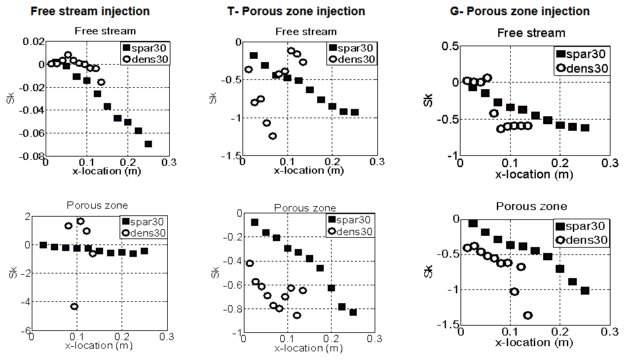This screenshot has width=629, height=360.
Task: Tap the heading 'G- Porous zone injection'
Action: coord(517,11)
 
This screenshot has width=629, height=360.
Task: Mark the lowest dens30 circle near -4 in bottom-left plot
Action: coord(75,306)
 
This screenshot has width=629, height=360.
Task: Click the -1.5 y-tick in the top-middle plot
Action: coord(229,156)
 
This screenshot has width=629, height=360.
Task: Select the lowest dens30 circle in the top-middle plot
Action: coord(272,136)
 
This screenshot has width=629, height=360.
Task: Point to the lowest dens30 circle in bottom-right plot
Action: coord(527,315)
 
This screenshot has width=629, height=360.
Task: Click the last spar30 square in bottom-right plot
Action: coord(584,291)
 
